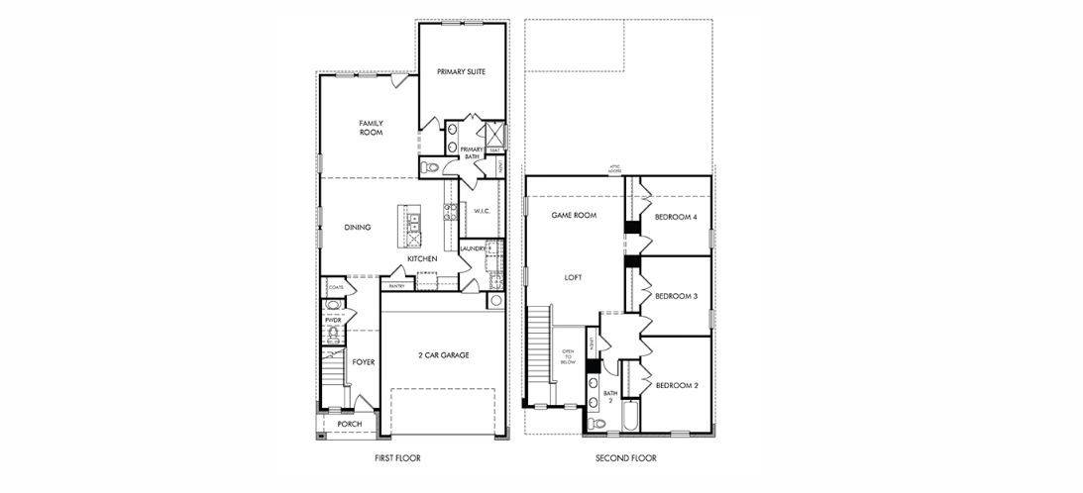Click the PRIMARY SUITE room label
coord(461,71)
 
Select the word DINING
coord(358,228)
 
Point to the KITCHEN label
coord(422,259)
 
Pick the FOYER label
coord(364,362)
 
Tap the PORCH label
coord(349,424)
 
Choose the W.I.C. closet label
coord(483,211)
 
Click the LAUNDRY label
coord(474,248)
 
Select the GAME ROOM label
coord(574,215)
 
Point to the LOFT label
coord(574,277)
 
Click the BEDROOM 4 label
coord(676,217)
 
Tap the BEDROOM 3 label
coord(676,296)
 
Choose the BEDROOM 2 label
coord(676,384)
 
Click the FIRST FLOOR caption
coord(398,458)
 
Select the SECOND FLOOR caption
coord(625,458)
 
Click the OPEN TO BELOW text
coord(568,356)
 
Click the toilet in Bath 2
coord(596,423)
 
